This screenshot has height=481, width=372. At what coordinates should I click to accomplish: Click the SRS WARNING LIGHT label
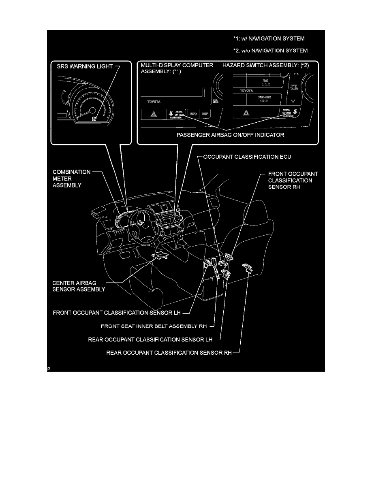click(x=84, y=66)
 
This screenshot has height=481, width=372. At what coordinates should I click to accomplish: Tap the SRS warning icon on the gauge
click(x=94, y=119)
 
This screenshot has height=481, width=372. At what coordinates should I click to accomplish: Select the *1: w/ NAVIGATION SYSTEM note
click(x=269, y=39)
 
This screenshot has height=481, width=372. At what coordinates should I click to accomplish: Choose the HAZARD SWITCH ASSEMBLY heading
click(x=266, y=65)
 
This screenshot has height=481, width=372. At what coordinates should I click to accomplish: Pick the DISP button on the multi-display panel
click(x=205, y=114)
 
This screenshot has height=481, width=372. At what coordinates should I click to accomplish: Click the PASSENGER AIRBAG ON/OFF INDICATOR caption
click(x=231, y=135)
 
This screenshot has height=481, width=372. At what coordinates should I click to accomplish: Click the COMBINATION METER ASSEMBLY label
click(x=72, y=178)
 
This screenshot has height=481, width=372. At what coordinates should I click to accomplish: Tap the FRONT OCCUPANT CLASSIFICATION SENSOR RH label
click(x=293, y=180)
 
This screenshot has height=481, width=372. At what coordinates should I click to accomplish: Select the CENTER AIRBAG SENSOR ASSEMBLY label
click(x=79, y=286)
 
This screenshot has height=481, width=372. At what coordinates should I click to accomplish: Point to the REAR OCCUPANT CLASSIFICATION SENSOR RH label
click(x=169, y=352)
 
